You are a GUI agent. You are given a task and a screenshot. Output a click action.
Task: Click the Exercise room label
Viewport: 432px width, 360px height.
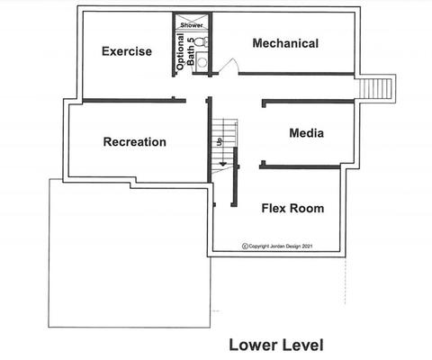[127, 51]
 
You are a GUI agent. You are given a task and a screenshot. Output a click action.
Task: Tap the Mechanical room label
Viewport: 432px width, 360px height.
[285, 43]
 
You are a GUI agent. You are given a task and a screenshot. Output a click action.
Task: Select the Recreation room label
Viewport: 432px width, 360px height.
[135, 142]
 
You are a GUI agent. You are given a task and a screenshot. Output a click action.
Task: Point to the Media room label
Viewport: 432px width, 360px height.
[307, 133]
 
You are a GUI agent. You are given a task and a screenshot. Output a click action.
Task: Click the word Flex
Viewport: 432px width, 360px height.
[273, 208]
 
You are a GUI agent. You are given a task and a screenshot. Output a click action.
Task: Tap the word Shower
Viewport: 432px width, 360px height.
[192, 25]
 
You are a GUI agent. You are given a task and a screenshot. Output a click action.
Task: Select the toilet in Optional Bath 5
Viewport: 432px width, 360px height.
[202, 41]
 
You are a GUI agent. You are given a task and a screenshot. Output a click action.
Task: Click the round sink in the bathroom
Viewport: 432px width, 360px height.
[202, 62]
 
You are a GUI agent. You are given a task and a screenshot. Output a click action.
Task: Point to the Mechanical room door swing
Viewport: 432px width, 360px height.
[229, 66]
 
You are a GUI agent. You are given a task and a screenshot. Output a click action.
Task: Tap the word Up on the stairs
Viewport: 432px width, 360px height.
[220, 140]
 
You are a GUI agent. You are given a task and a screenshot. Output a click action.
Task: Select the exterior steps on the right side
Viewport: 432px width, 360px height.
[376, 88]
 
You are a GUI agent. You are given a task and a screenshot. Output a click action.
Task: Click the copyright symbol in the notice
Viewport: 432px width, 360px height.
[245, 247]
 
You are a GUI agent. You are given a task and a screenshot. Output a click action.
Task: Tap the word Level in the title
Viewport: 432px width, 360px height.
[304, 345]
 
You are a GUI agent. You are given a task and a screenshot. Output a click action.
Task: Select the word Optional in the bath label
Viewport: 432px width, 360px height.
[180, 52]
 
